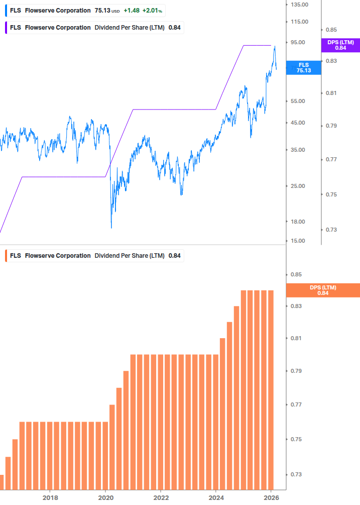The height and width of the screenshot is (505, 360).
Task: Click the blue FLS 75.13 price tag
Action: point(303,68)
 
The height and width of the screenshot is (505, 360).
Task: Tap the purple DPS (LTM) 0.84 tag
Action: point(340,45)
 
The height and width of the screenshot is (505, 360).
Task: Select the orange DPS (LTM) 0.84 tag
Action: point(322,290)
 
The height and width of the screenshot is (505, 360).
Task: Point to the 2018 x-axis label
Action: point(50,497)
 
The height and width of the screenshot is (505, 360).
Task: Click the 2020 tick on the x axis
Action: point(105,497)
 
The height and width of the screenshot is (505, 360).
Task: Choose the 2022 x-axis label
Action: point(161,497)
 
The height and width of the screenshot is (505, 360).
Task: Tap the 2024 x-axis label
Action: point(216,497)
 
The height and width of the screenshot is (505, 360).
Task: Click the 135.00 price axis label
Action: point(299,5)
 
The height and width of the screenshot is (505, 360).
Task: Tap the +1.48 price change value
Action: point(132,11)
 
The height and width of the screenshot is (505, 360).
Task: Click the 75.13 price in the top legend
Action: point(102,11)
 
